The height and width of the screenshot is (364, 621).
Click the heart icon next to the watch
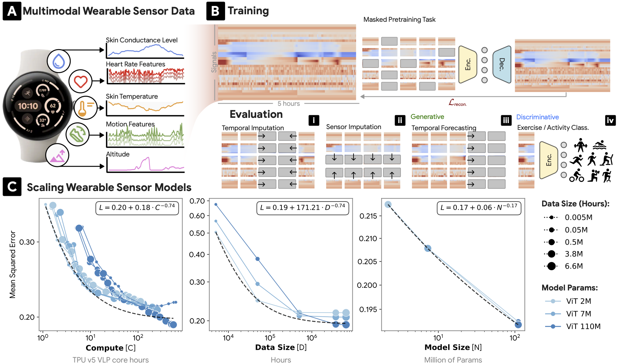tap(80, 81)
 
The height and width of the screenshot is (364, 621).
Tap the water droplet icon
tap(59, 61)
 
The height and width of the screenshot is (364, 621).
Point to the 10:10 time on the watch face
tap(28, 106)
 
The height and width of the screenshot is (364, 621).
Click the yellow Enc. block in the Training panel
tap(468, 65)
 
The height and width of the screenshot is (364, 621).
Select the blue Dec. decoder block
tap(502, 65)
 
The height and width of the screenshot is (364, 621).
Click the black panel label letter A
tap(12, 11)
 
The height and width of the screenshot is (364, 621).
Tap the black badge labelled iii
tap(506, 120)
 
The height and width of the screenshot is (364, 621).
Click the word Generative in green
tap(427, 117)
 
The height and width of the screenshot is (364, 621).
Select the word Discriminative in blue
tap(537, 117)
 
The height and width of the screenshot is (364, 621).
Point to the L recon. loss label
tap(458, 103)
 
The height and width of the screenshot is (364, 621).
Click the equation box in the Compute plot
tap(137, 208)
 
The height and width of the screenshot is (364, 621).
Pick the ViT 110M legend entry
tap(573, 326)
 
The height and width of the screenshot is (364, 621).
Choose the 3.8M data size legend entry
tap(563, 254)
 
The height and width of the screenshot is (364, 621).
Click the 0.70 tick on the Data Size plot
tap(197, 201)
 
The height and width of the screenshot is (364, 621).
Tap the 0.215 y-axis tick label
tap(368, 216)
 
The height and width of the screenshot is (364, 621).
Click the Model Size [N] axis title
tap(453, 347)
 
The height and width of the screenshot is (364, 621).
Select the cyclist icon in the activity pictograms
tap(577, 175)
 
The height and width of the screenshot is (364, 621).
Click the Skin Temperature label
tap(132, 96)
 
